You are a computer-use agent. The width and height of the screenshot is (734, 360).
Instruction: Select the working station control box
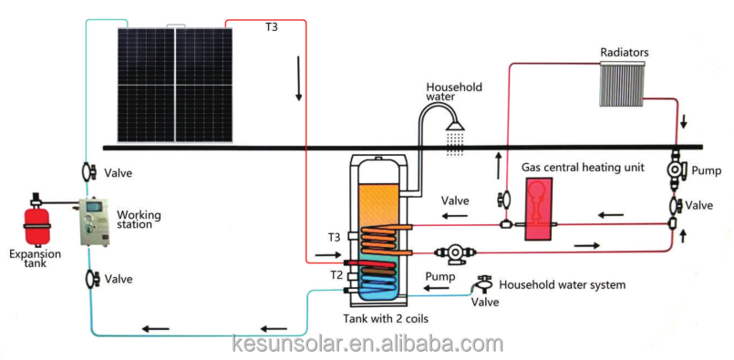94,222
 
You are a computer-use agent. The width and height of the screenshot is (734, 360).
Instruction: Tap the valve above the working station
88,172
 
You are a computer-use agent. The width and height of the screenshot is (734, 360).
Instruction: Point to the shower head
456,125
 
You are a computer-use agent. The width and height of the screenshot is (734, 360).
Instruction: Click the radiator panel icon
622,82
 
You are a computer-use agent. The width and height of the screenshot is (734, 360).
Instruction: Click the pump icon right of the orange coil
454,252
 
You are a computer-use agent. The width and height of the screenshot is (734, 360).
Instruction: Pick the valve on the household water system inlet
483,283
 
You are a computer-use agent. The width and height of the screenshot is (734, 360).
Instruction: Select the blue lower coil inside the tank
376,283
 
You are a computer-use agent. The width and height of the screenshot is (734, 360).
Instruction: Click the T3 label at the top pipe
272,27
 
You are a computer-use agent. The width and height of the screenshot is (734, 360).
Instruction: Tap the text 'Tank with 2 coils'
387,319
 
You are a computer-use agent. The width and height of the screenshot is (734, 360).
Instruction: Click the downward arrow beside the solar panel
298,78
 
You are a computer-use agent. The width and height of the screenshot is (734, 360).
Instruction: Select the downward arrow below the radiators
684,122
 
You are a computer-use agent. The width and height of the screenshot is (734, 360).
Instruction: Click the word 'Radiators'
625,52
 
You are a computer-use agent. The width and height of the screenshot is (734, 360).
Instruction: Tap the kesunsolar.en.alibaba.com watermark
367,345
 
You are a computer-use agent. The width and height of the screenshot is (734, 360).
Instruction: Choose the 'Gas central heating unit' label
584,167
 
